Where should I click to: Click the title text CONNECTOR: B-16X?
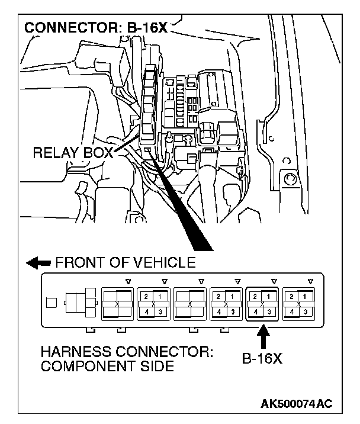point(95,28)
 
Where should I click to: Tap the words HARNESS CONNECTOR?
point(127,352)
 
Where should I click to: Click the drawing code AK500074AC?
point(296,404)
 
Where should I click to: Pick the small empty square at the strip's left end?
point(52,304)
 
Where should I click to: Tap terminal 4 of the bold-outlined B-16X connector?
point(255,311)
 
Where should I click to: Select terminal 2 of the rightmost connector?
point(292,295)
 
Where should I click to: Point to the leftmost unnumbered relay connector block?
point(117,303)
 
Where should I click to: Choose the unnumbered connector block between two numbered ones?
point(189,303)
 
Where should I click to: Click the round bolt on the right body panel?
point(290,179)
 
